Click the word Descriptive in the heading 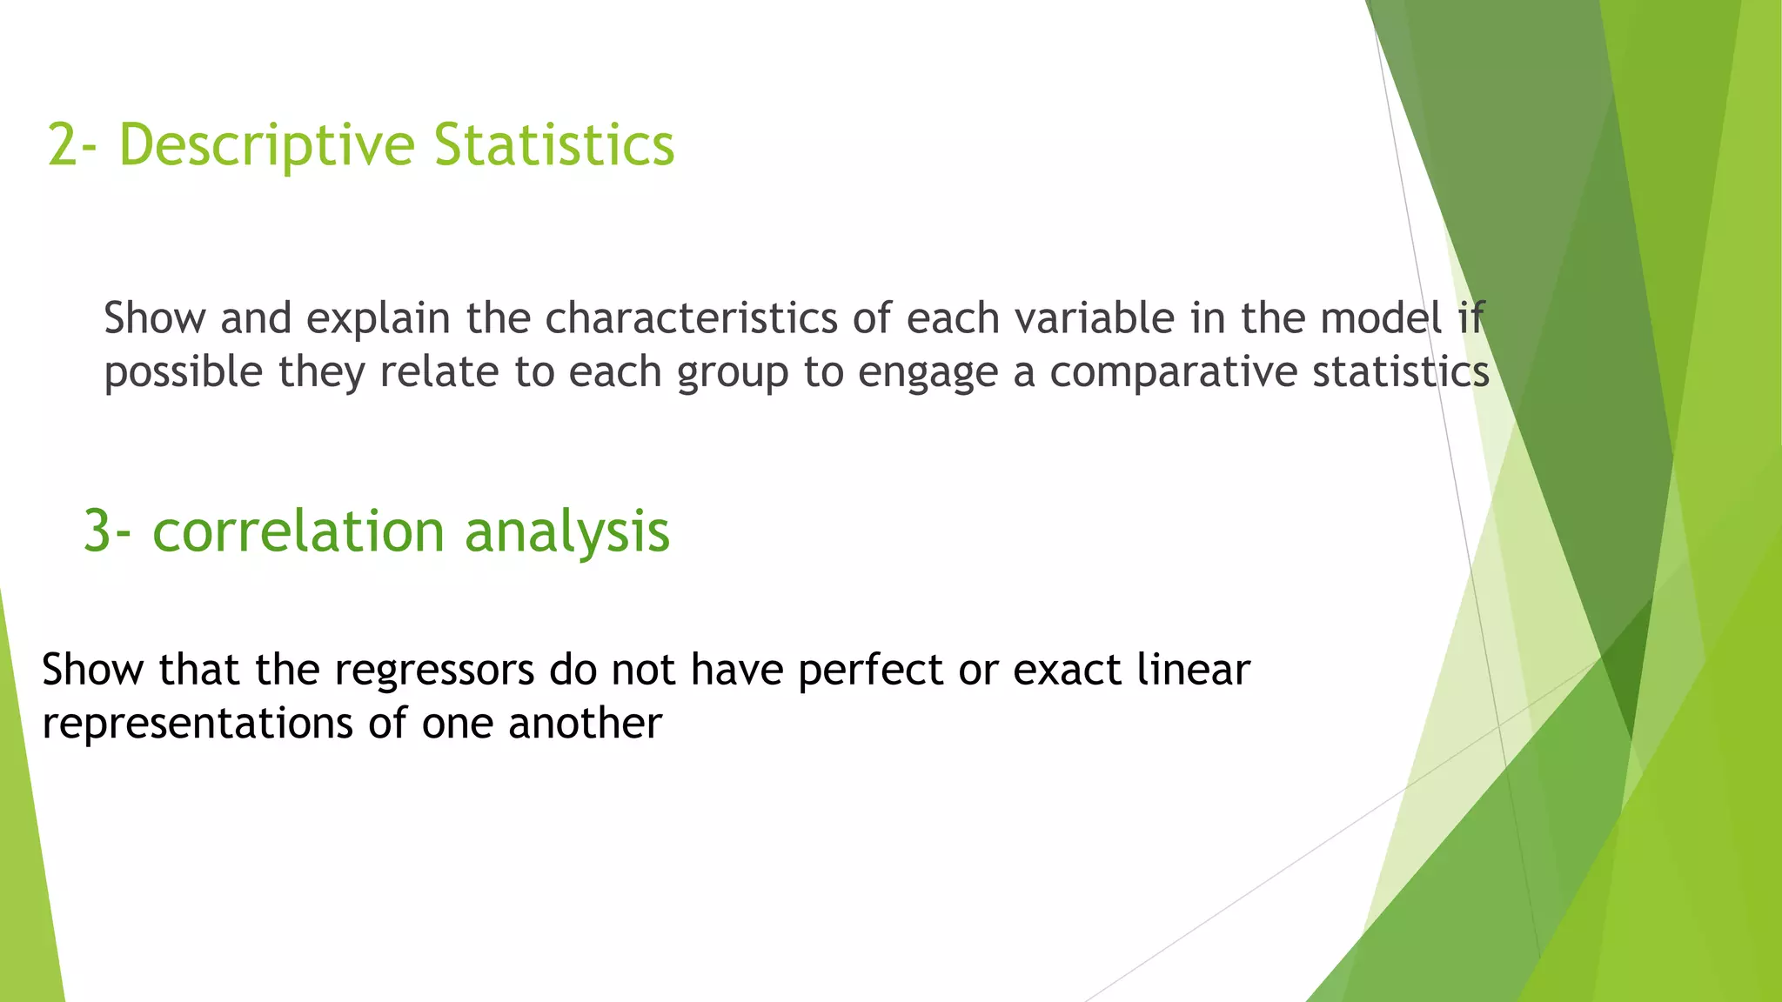[266, 144]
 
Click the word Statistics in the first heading [554, 144]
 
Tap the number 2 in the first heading [62, 144]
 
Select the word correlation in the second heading [298, 531]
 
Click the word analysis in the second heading [567, 531]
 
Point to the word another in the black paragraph [585, 724]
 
